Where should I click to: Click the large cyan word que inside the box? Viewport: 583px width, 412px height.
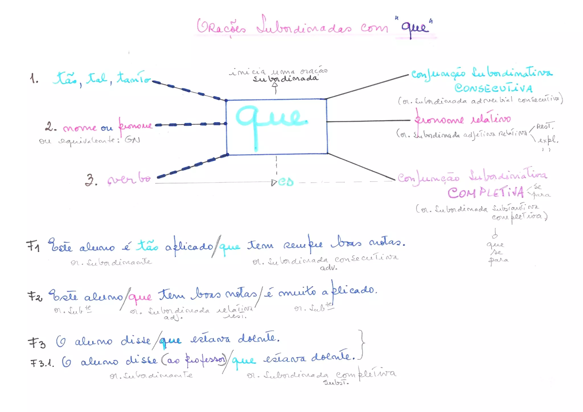pyautogui.click(x=270, y=120)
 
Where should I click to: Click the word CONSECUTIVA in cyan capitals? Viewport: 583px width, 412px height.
pyautogui.click(x=493, y=88)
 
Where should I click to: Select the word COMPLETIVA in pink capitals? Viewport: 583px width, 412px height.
pyautogui.click(x=485, y=193)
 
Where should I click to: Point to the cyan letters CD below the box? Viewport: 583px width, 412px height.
pyautogui.click(x=286, y=182)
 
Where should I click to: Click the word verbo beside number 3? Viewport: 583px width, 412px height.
pyautogui.click(x=129, y=179)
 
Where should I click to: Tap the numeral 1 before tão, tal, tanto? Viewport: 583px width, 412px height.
pyautogui.click(x=34, y=78)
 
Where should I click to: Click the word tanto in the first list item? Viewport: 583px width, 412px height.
pyautogui.click(x=133, y=77)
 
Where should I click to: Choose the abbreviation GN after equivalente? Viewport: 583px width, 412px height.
pyautogui.click(x=132, y=140)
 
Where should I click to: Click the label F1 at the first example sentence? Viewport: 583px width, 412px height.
pyautogui.click(x=33, y=246)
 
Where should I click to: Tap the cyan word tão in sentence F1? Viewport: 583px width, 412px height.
pyautogui.click(x=147, y=245)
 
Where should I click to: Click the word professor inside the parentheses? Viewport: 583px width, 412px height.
pyautogui.click(x=205, y=360)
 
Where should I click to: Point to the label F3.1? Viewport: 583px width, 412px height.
pyautogui.click(x=42, y=363)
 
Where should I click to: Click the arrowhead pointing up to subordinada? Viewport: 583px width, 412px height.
pyautogui.click(x=275, y=85)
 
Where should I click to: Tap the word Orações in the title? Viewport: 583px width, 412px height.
pyautogui.click(x=221, y=27)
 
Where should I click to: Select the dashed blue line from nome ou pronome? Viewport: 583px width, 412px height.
pyautogui.click(x=190, y=124)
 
